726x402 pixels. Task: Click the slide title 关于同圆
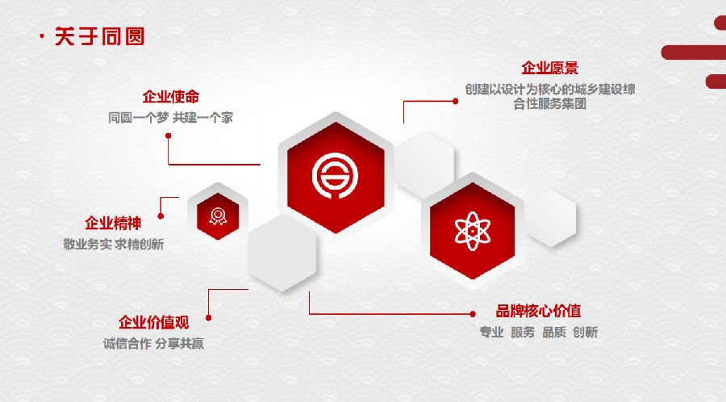click(99, 36)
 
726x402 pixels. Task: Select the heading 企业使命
click(171, 97)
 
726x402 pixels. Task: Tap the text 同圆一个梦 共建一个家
click(170, 118)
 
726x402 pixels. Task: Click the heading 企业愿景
click(550, 68)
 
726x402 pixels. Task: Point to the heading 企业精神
click(113, 224)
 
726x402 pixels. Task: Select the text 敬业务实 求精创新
click(114, 244)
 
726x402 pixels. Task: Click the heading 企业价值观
click(154, 322)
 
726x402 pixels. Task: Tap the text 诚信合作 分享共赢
click(154, 344)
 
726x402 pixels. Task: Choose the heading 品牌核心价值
click(539, 311)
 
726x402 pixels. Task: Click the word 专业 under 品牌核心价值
click(491, 332)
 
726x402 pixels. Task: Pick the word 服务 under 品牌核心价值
click(523, 332)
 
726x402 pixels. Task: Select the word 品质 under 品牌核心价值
click(554, 332)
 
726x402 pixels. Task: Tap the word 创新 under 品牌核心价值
click(586, 332)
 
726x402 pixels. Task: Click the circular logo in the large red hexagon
click(336, 176)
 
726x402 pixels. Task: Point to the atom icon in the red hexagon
click(472, 231)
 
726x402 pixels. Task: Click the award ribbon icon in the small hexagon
click(218, 216)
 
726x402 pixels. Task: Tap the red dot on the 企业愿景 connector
click(456, 101)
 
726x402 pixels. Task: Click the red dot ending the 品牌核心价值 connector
click(473, 314)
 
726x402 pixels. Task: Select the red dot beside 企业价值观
click(208, 318)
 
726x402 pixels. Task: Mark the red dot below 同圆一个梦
click(169, 136)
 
